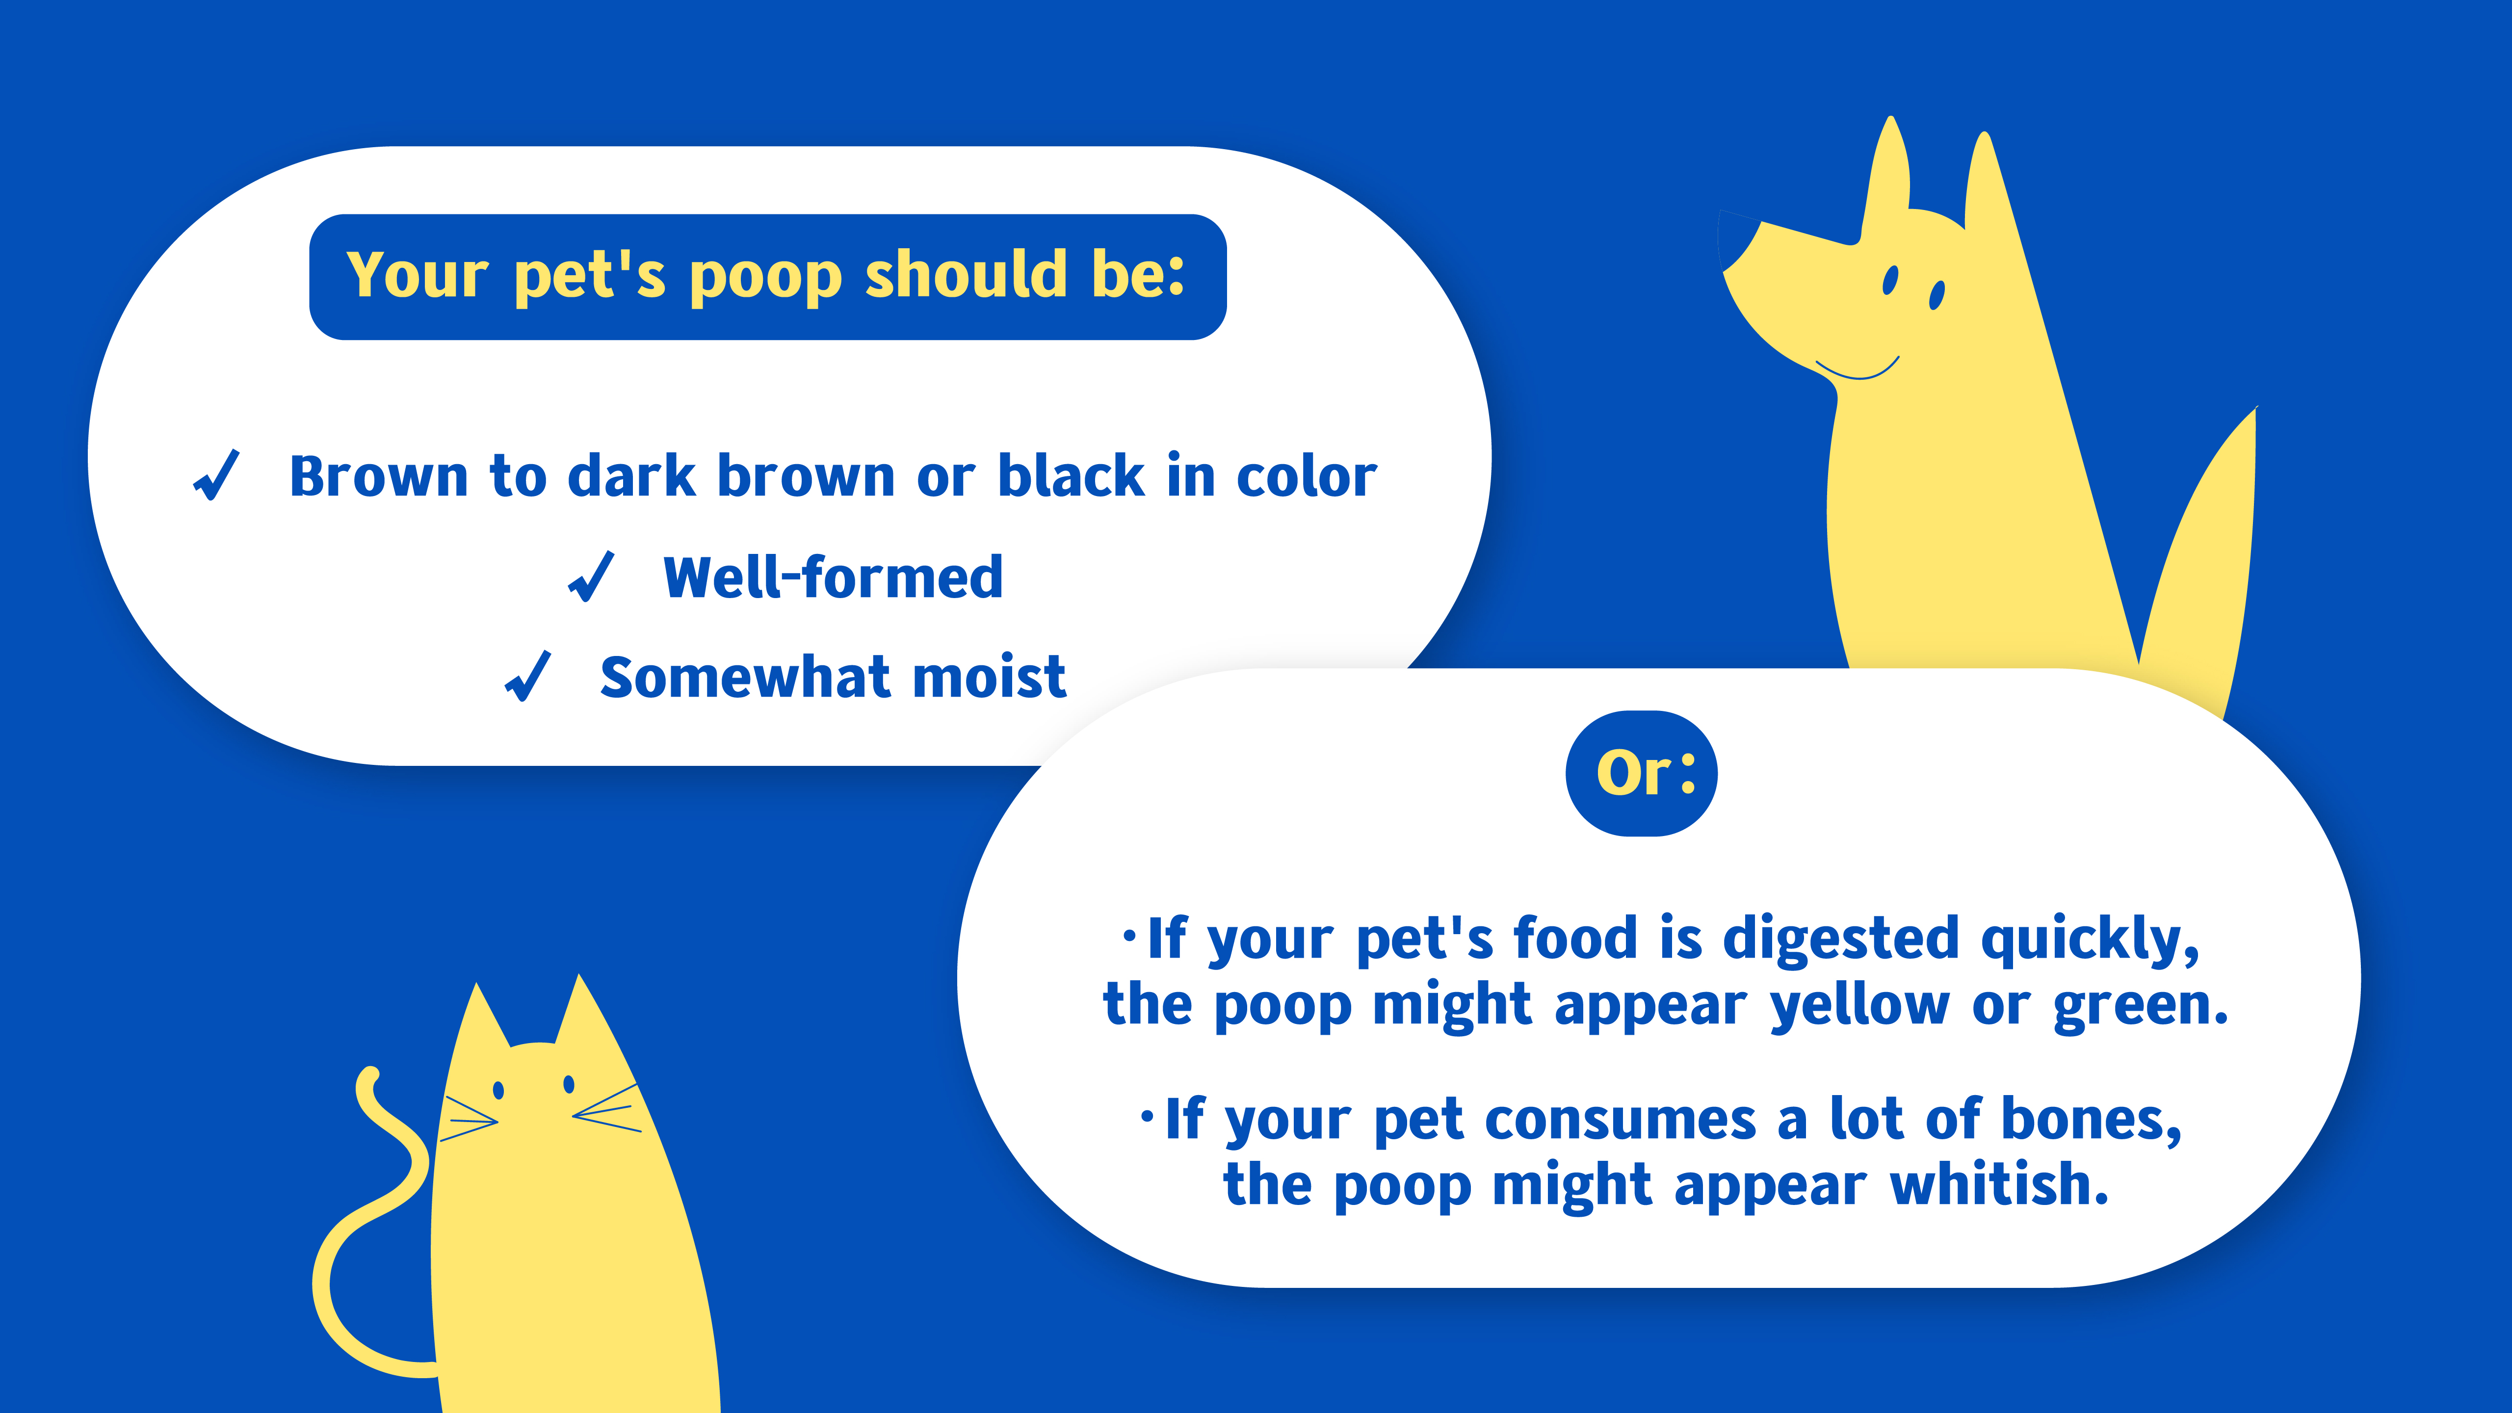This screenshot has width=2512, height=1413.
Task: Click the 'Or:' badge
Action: click(x=1641, y=773)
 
